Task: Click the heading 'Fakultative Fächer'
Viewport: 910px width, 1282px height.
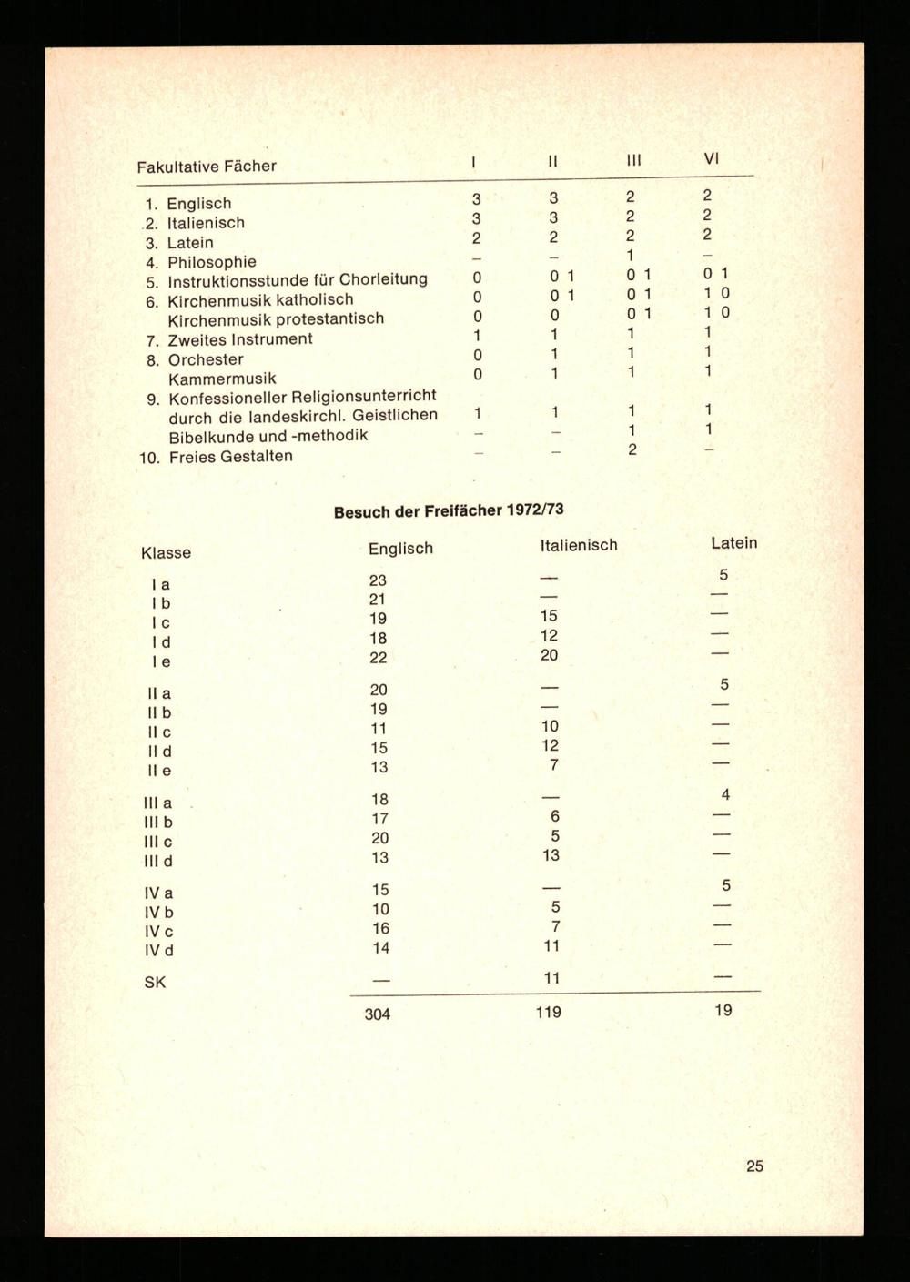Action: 206,167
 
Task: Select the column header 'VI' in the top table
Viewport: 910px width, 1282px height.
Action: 712,158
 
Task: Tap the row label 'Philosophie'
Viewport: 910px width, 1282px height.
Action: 211,262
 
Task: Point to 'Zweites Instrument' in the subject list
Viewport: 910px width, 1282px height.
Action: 239,339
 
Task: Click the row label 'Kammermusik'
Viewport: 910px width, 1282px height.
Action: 221,379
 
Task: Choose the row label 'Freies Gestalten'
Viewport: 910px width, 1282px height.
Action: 229,456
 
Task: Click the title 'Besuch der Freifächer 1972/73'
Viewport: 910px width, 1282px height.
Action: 449,510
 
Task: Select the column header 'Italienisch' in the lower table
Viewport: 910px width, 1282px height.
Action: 578,545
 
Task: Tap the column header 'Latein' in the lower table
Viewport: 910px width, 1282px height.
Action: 733,542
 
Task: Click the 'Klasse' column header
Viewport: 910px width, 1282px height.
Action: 166,552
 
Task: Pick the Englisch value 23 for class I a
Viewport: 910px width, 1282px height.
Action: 378,580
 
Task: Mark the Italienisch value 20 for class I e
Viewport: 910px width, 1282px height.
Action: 549,655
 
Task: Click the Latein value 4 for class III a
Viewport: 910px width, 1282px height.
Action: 725,795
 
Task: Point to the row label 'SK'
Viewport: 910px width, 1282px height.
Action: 155,983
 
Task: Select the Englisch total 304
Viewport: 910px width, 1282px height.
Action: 377,1014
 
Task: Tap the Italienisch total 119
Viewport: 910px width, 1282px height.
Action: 548,1012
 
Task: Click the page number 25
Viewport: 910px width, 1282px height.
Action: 754,1166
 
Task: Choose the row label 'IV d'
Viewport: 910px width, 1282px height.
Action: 158,951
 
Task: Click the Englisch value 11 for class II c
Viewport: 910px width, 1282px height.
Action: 379,729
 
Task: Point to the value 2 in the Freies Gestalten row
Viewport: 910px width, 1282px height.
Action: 632,449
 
